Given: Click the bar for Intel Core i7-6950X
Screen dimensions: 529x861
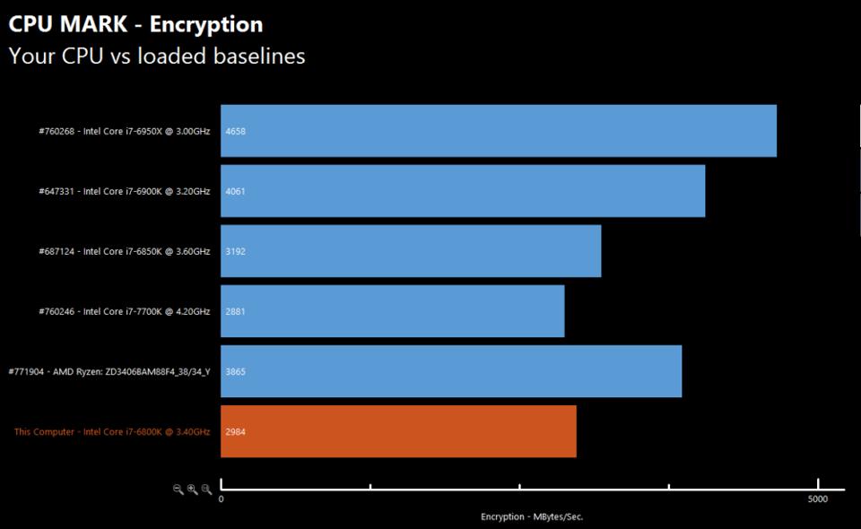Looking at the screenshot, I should coord(498,131).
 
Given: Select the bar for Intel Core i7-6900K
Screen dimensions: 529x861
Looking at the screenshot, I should coord(462,191).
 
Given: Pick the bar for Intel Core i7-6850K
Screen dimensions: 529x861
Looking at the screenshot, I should coord(410,251).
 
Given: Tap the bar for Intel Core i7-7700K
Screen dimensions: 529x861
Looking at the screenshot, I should coord(392,311).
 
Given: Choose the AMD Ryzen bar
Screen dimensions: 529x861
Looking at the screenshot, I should coord(450,371).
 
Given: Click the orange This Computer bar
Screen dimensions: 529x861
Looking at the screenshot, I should coord(397,431).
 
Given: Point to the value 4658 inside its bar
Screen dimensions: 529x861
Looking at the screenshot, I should coord(236,132).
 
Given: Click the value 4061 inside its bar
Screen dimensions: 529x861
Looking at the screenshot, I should coord(236,192).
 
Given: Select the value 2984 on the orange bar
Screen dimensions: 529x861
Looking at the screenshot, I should coord(236,432).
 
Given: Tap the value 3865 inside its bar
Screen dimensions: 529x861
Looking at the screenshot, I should coord(236,372).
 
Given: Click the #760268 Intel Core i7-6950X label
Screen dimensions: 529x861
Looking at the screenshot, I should coord(124,132).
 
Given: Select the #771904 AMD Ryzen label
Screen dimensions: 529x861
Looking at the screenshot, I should coord(109,372).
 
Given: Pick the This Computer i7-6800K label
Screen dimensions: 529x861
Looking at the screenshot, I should coord(111,432).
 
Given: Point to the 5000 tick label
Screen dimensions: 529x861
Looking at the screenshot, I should coord(816,499).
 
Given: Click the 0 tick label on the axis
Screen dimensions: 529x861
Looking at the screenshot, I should coord(222,499).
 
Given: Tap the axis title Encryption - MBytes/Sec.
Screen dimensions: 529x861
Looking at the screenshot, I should coord(532,516).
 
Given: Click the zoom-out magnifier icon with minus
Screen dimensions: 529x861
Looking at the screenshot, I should coord(178,489).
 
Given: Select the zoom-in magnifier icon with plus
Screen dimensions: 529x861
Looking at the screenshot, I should coord(192,489).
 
